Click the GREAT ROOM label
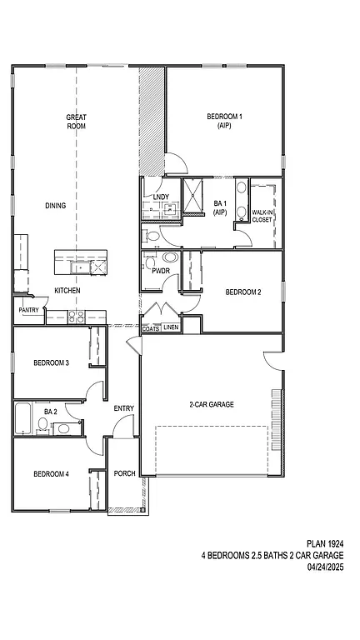(77, 122)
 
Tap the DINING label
(56, 206)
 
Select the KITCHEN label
(67, 290)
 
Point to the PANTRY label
(28, 310)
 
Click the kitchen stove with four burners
(76, 317)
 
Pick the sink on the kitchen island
(80, 267)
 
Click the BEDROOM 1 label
(224, 122)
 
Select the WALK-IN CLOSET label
(262, 216)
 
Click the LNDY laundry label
(162, 197)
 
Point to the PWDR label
(161, 271)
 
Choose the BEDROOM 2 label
(243, 292)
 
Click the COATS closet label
(151, 328)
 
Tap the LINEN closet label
(171, 328)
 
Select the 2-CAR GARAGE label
(211, 404)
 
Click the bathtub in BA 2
(22, 418)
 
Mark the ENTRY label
(124, 408)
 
